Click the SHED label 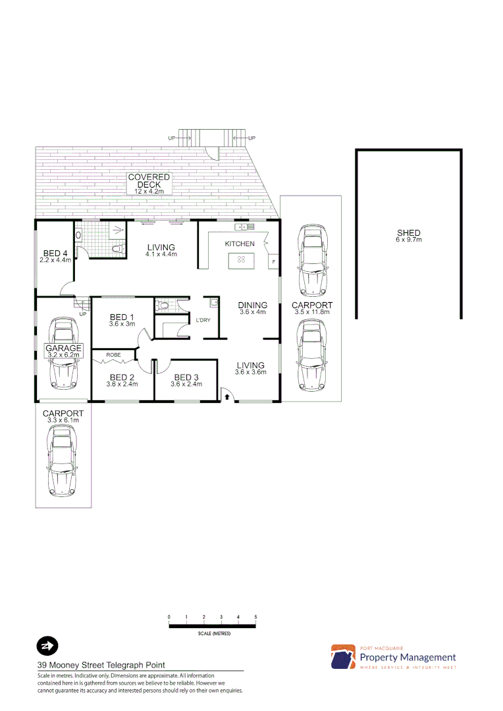[408, 233]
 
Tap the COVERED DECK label [149, 181]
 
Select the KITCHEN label [240, 244]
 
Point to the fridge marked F [273, 262]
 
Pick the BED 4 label [55, 253]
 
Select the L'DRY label [203, 321]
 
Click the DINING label [253, 305]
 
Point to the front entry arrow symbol [226, 396]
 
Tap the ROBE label [113, 355]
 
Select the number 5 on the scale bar [255, 616]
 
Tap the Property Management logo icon [343, 656]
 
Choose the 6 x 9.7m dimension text [408, 240]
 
